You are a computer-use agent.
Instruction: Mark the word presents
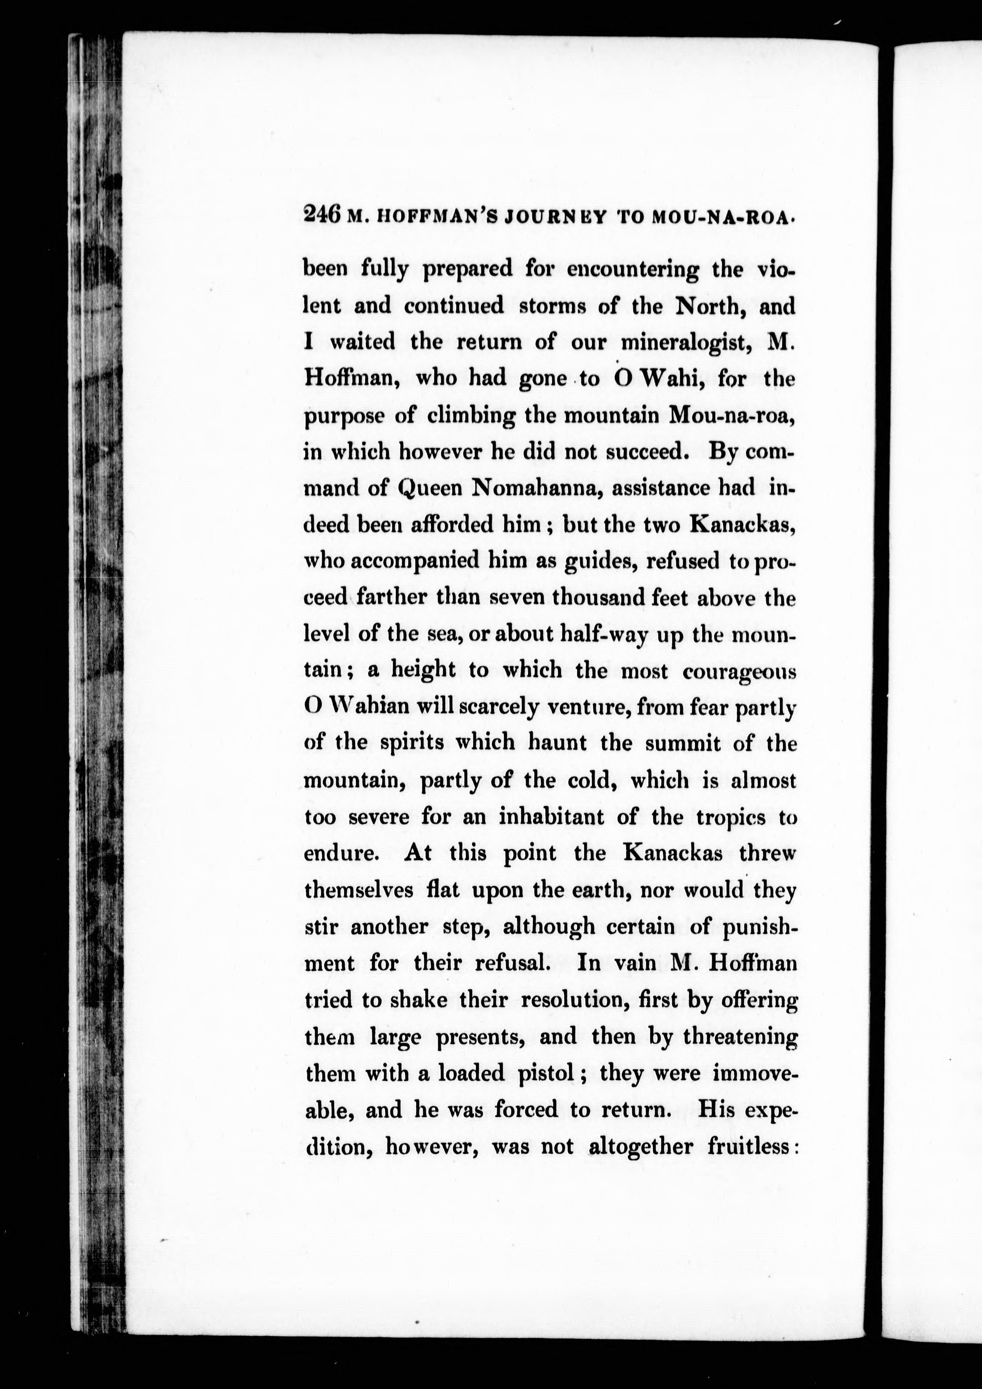pos(483,1038)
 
